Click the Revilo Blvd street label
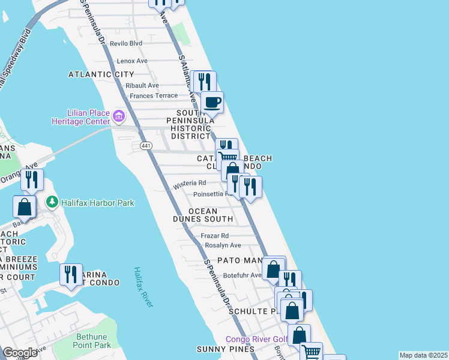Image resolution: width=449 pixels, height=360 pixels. point(125,43)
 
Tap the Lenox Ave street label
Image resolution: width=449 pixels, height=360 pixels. point(132,61)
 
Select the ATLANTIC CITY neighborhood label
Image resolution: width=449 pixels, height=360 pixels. point(101,74)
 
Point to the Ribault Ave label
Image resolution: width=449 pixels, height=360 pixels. point(142,86)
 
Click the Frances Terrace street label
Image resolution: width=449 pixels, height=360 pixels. point(154,95)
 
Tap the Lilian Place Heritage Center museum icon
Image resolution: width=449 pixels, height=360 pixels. point(118,115)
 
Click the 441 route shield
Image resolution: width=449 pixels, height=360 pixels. point(145,146)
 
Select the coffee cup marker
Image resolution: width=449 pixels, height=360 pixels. point(211,101)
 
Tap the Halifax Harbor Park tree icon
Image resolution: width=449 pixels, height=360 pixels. point(53,202)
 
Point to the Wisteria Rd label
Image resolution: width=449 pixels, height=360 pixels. point(190,183)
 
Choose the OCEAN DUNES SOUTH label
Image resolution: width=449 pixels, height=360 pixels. point(211,215)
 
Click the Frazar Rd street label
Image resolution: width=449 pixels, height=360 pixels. point(215,236)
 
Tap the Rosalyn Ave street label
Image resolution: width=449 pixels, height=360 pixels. point(223,245)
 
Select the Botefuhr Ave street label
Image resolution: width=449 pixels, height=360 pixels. point(243,275)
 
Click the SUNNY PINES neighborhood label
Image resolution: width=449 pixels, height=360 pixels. point(222,349)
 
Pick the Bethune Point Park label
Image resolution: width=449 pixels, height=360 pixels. point(92,341)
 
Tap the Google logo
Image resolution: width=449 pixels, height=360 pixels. point(20,353)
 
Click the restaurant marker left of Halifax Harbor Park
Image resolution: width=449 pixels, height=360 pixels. point(31,179)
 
